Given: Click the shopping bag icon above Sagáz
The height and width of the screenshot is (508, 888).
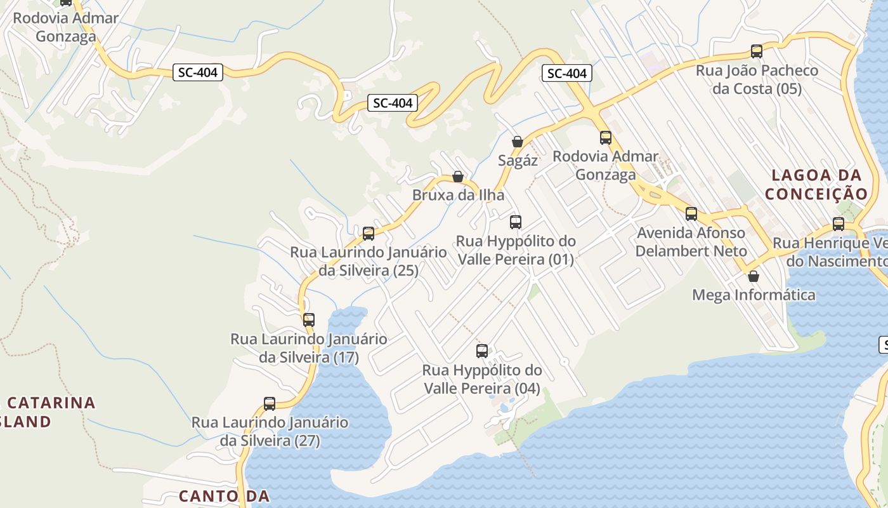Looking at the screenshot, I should coord(518,142).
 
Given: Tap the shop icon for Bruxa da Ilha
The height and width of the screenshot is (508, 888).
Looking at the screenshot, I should coord(458,177).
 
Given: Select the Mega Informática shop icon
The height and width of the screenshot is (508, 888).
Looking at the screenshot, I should coord(754,276).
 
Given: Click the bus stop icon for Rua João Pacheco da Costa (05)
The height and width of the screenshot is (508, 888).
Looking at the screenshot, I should coord(756,51).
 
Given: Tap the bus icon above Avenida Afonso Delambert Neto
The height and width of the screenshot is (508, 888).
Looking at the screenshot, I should coord(691,214).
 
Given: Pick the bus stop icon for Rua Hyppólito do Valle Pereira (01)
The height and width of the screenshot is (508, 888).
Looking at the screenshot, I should coord(516,222).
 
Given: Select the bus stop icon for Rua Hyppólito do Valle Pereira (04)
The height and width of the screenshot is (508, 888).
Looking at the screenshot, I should coord(482,351).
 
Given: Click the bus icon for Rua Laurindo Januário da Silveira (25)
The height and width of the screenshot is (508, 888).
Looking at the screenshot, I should coord(369,234).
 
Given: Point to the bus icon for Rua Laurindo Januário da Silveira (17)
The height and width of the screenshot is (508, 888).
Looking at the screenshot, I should coord(309,320).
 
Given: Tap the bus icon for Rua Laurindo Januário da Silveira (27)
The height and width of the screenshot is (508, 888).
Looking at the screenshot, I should coord(270,404).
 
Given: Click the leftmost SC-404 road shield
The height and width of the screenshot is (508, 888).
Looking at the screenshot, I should coord(198,72).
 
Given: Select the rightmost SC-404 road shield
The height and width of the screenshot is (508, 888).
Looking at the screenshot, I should coord(567,74).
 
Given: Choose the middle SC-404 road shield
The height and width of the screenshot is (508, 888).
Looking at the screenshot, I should coord(393,103).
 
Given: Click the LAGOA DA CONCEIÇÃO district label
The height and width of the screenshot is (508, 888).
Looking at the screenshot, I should coord(816,184).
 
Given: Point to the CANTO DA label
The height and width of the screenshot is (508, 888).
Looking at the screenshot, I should coord(225,496).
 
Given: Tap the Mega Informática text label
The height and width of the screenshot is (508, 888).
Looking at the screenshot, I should coord(754,295).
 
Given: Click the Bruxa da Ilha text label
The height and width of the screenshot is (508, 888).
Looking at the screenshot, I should coord(458,195).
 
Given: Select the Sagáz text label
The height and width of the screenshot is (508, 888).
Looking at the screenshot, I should coord(518,161).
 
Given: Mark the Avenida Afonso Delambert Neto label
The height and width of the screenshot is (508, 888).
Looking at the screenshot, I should coord(691,241).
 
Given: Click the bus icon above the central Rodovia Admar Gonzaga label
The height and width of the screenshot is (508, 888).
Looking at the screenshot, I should coord(606,138).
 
